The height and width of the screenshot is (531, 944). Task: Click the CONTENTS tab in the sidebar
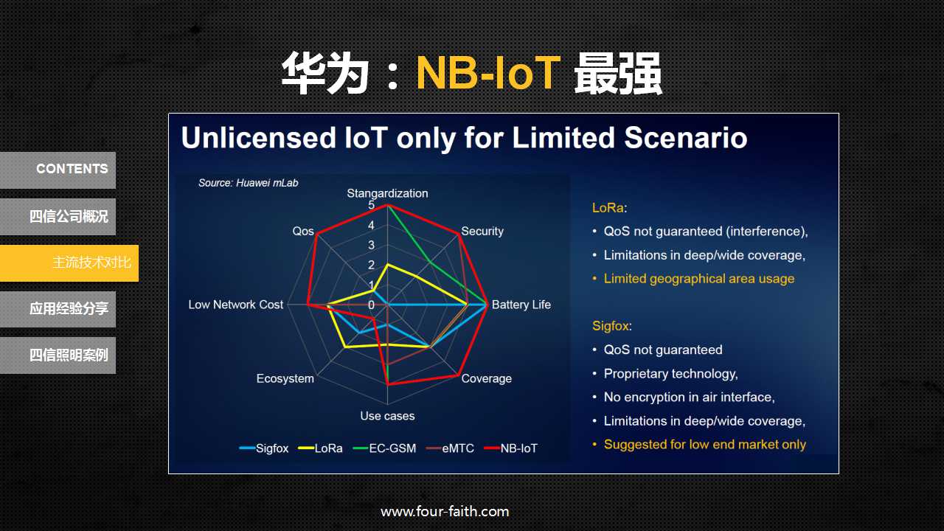pos(58,170)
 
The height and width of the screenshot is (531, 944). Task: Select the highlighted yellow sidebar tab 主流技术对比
pos(69,263)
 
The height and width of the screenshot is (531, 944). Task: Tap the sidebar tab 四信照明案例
pos(58,355)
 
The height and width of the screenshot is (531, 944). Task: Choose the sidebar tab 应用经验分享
pos(58,309)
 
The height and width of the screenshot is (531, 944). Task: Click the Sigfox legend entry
pos(264,448)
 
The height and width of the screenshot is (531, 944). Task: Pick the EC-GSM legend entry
pos(384,448)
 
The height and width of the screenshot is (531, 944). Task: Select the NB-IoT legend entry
pos(511,448)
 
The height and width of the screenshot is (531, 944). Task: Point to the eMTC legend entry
pos(450,448)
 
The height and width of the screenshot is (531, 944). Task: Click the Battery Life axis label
pos(521,305)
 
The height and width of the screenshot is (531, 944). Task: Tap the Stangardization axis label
pos(387,193)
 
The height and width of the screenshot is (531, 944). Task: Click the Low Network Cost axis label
pos(235,305)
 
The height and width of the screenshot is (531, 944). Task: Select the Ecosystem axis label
pos(285,378)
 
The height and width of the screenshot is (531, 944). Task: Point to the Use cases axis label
pos(387,416)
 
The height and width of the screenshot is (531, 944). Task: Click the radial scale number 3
pos(371,245)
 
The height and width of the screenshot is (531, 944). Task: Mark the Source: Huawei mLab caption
pos(249,183)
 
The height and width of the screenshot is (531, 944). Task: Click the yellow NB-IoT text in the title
pos(488,73)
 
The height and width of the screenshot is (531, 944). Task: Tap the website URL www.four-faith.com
pos(445,512)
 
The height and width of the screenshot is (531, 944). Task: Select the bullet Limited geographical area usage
pos(698,279)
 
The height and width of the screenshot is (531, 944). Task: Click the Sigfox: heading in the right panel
pos(612,326)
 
